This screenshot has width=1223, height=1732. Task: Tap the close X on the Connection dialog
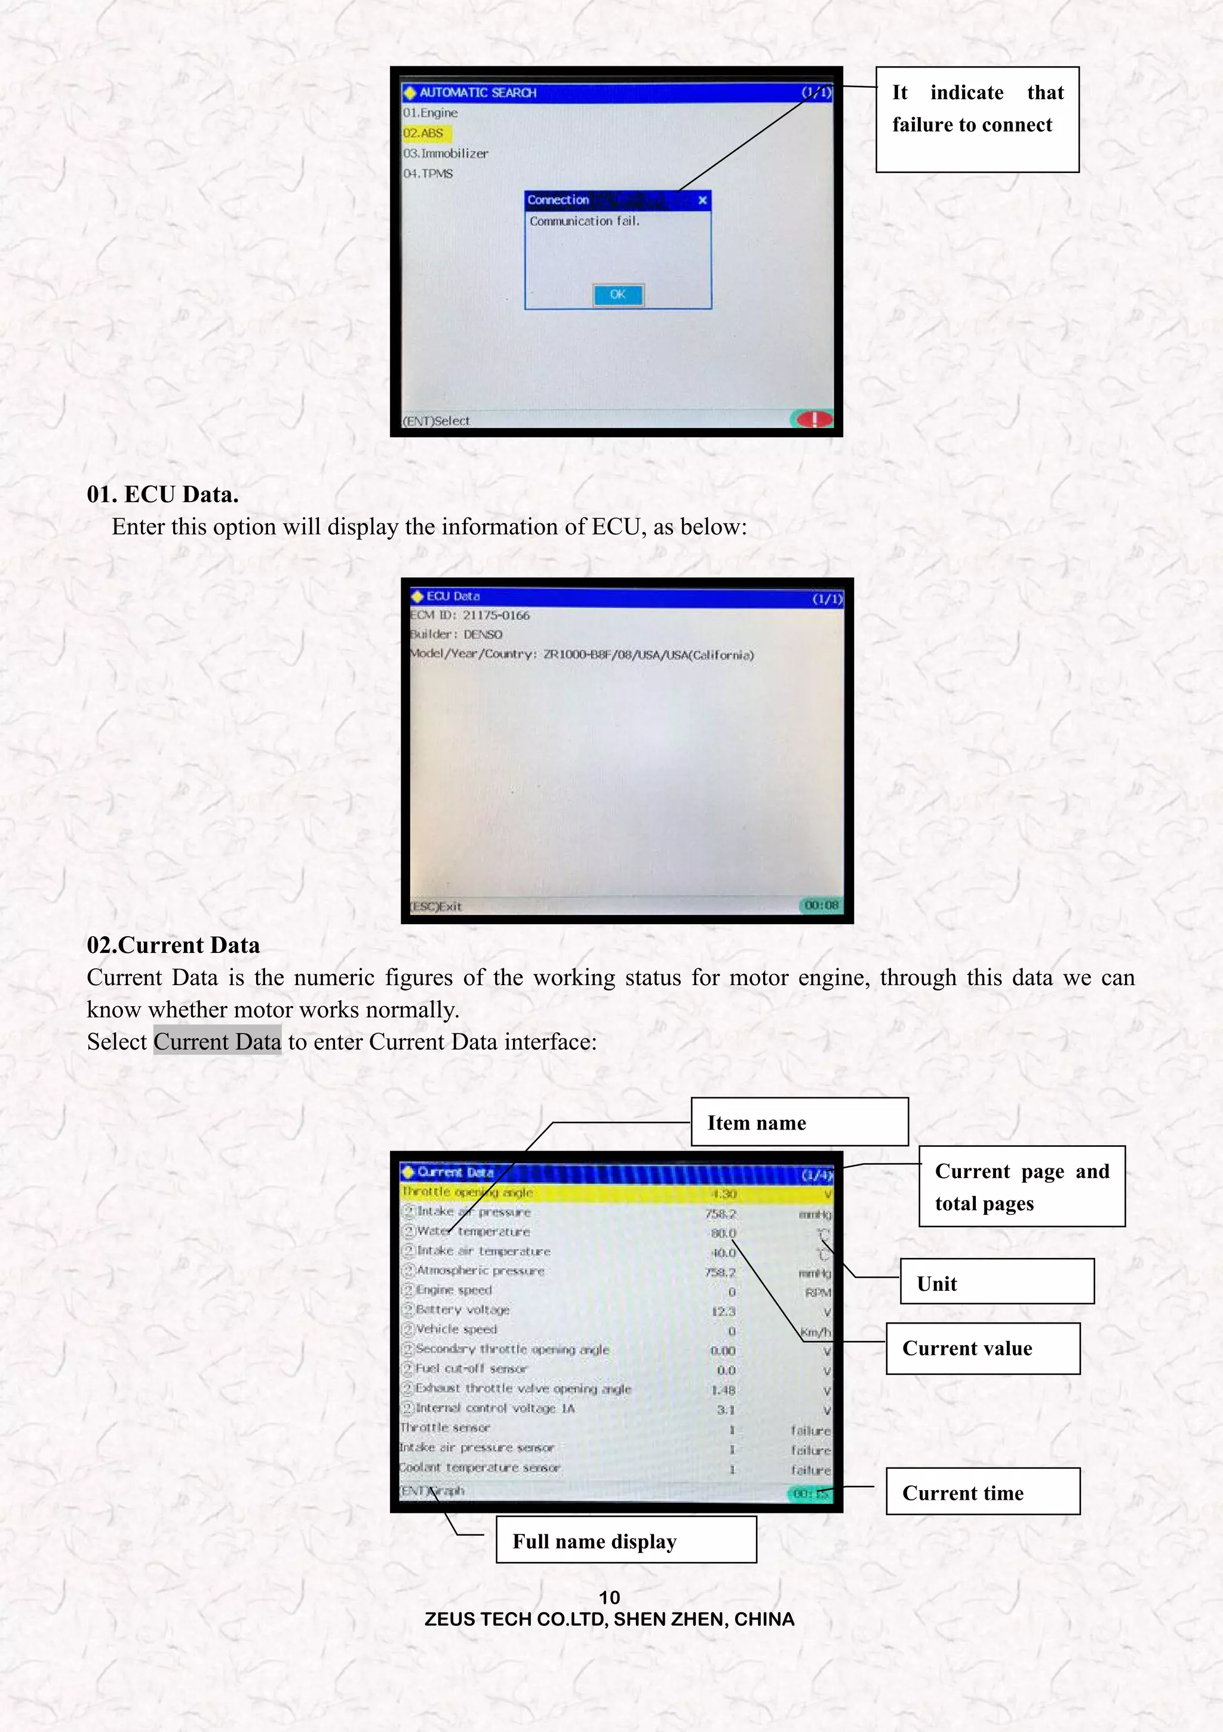coord(702,200)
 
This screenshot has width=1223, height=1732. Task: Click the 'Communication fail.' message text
coord(584,221)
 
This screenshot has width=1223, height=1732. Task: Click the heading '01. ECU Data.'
coord(162,494)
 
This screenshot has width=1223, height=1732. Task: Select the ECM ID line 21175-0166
coord(470,615)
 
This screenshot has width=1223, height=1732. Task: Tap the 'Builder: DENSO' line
coord(456,635)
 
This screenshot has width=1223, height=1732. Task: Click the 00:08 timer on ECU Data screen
coord(821,905)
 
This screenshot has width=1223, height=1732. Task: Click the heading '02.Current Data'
coord(173,945)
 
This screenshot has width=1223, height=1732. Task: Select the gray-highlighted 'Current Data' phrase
coord(217,1042)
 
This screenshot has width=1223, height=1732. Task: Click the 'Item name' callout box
coord(799,1122)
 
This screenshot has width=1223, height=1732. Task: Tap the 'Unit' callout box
coord(996,1284)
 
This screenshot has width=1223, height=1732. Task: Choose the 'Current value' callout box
coord(982,1348)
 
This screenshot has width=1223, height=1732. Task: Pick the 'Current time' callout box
coord(982,1493)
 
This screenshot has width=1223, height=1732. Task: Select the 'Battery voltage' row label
coord(462,1309)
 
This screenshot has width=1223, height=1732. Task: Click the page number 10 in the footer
coord(609,1597)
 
